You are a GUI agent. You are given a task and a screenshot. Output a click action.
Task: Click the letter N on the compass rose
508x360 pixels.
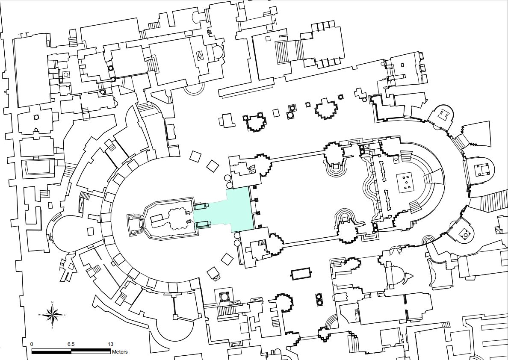(52, 303)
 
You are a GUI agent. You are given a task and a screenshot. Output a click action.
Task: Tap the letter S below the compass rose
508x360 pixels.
(52, 328)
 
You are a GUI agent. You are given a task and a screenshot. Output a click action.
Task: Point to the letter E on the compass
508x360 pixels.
(65, 316)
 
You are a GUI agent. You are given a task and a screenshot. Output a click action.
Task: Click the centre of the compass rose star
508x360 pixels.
(52, 316)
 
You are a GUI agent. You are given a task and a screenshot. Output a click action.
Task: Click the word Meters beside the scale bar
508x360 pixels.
(120, 352)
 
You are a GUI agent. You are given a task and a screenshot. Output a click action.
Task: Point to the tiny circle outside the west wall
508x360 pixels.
(5, 91)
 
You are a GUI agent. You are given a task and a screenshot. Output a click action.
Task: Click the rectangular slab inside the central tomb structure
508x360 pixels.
(156, 218)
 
